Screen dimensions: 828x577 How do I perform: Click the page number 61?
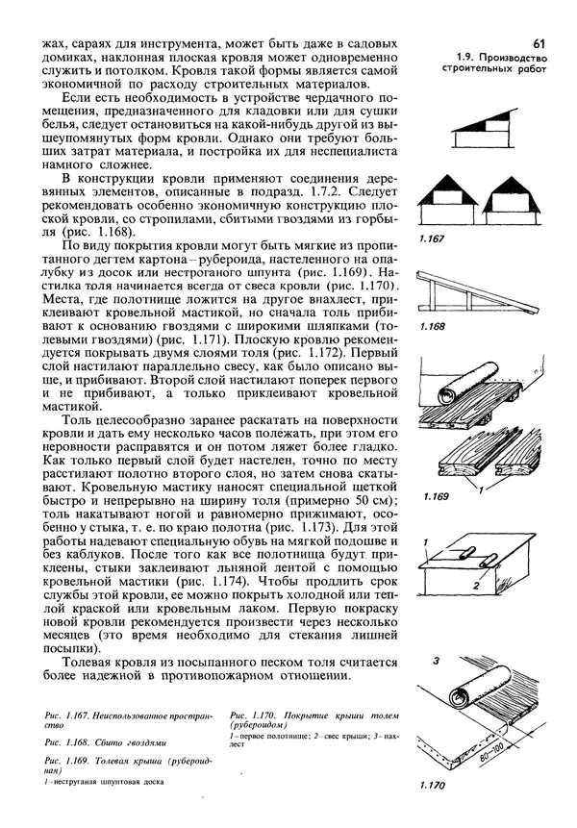click(538, 43)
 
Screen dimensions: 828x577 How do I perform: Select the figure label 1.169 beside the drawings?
click(436, 497)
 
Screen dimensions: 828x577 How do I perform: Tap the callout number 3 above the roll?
click(435, 662)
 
